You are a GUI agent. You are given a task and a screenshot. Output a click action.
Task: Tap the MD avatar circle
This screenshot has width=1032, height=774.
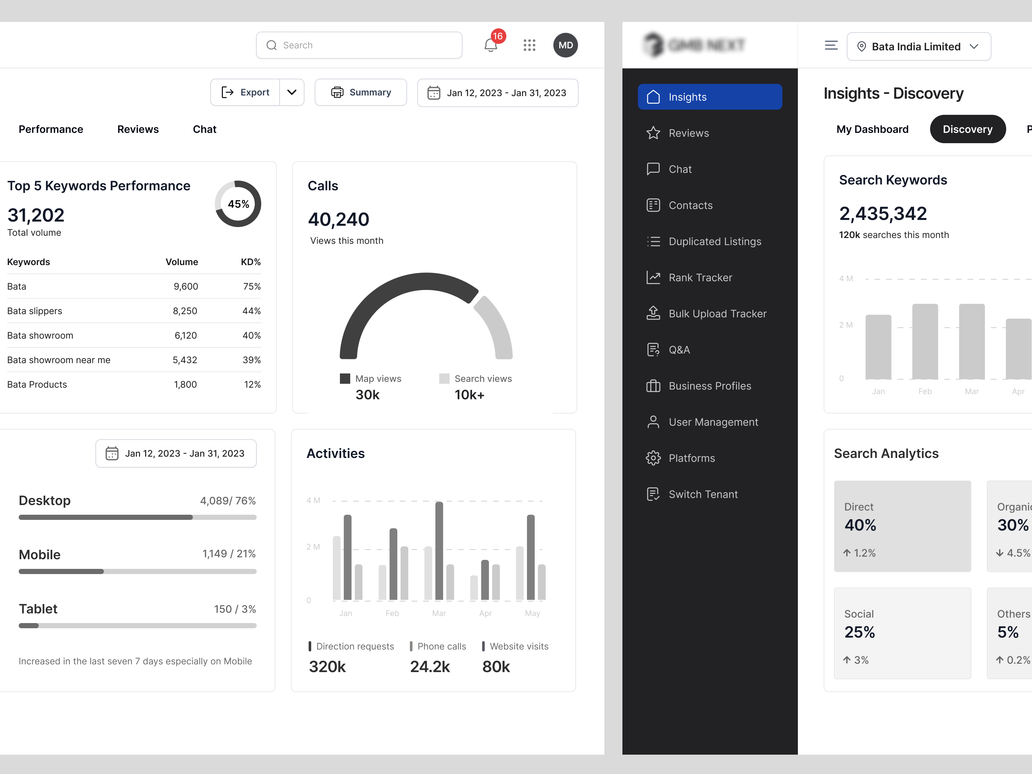[565, 45]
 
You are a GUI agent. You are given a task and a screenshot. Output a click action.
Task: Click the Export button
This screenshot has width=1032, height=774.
[246, 92]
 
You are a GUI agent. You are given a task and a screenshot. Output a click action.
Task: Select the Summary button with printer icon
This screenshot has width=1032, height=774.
[361, 92]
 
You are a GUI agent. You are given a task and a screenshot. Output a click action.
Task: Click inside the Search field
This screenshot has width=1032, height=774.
[359, 45]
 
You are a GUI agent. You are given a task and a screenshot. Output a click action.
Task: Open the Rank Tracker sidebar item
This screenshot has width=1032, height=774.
[700, 278]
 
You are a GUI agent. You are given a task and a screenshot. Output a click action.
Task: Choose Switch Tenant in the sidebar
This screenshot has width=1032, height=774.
[703, 494]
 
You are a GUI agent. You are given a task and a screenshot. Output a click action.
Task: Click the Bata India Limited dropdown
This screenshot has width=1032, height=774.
[918, 47]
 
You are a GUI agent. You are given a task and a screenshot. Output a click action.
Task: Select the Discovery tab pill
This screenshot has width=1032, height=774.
[967, 129]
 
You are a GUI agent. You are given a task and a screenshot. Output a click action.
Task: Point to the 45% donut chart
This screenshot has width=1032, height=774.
[238, 204]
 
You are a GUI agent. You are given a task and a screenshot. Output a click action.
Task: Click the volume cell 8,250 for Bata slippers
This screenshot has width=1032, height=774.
[185, 311]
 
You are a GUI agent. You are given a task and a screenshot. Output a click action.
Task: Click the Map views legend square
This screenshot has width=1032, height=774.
[345, 378]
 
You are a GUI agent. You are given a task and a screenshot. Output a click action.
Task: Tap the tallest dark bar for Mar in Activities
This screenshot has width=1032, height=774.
[439, 551]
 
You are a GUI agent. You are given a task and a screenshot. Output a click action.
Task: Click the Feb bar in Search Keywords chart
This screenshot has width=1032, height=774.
[925, 342]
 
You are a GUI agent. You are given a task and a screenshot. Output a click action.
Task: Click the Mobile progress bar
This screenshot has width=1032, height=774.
[137, 571]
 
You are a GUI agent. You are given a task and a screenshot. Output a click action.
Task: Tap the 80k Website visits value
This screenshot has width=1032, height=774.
[496, 667]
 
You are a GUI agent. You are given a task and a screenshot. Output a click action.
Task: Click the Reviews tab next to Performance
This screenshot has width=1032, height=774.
[138, 129]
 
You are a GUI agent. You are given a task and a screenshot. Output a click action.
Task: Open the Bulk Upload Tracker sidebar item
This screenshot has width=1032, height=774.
[717, 313]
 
